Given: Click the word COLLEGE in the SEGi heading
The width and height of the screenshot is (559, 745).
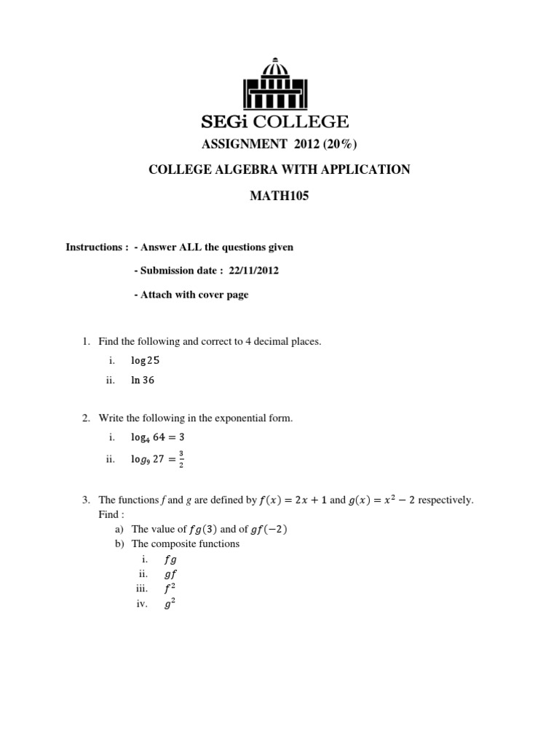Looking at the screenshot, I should pos(307,121).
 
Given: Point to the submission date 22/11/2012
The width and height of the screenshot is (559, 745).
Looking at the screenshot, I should pos(253,271).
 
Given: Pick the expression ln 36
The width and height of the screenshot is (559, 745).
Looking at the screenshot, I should pos(143,380).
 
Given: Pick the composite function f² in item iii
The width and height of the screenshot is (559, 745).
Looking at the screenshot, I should pos(170,588).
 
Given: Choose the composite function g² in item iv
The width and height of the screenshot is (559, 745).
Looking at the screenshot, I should pos(170,603).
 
